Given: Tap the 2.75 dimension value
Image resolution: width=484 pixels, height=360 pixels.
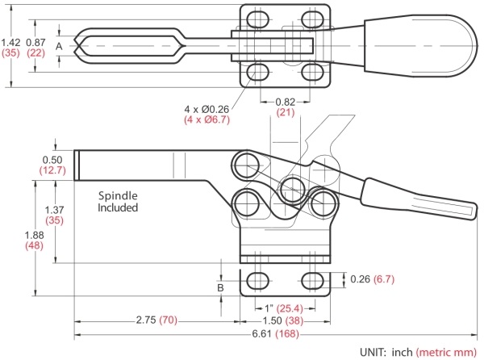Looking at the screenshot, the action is [146, 320].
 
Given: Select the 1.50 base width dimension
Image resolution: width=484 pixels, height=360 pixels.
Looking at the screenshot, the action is [272, 320].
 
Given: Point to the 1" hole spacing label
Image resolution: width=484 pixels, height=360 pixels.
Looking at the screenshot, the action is [269, 308].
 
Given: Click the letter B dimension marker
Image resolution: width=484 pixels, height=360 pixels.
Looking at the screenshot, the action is [220, 287].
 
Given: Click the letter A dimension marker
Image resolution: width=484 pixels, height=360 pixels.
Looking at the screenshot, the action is [59, 46].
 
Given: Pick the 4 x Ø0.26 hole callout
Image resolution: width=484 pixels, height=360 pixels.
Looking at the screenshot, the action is [207, 109].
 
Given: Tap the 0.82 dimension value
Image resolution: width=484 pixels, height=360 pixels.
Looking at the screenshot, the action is [286, 102].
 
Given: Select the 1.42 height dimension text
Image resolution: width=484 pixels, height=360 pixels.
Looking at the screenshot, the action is [10, 42].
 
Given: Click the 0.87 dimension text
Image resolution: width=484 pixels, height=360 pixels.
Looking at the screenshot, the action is [35, 42].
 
